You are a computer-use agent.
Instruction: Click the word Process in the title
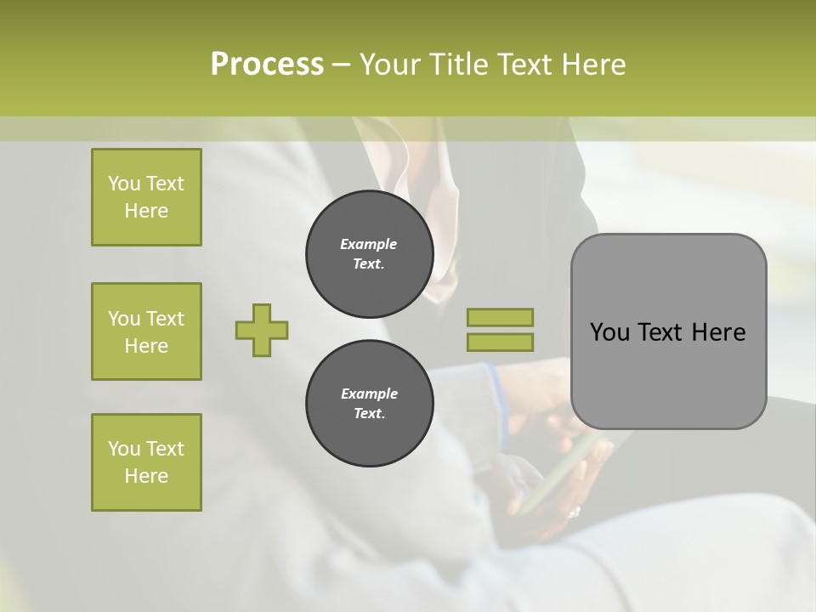click(267, 65)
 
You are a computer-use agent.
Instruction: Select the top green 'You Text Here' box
click(146, 197)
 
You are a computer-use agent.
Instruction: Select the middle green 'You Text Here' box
click(146, 331)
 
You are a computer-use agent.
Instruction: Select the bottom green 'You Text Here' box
click(146, 462)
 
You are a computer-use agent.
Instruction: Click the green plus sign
click(262, 330)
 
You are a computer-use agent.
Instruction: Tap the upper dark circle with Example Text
click(369, 253)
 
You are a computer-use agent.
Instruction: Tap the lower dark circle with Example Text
click(369, 403)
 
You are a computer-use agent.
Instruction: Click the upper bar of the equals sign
click(500, 317)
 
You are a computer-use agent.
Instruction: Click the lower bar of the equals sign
click(500, 342)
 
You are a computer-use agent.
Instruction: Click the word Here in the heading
click(593, 65)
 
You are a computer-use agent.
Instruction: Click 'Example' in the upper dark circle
click(368, 244)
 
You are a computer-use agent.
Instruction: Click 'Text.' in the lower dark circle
click(369, 414)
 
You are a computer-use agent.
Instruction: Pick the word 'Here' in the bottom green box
click(146, 476)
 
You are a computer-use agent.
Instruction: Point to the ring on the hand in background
click(574, 513)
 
